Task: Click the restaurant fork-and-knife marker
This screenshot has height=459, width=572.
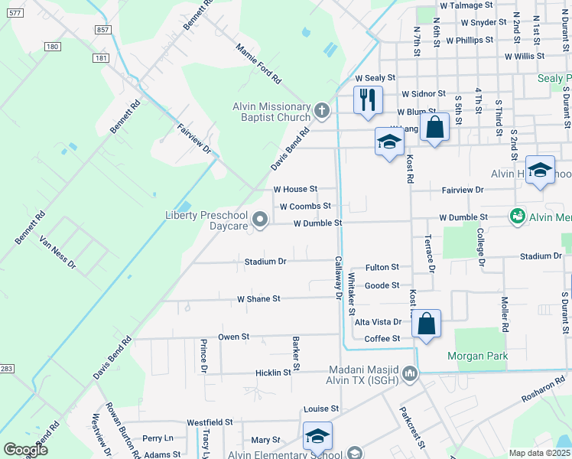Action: pos(368,100)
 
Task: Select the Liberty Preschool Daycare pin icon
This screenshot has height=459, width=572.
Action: pos(260,220)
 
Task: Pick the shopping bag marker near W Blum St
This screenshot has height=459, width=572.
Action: pos(434,128)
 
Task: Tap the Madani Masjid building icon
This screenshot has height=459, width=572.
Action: pos(411,373)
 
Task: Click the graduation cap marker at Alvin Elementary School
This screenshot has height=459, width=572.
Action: pos(317,437)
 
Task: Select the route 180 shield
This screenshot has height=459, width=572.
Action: pos(52,47)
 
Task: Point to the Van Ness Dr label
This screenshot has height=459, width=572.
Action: pos(58,253)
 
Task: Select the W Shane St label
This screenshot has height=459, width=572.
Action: pos(258,298)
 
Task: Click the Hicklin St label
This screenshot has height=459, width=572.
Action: pos(273,373)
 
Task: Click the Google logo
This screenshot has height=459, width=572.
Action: pos(25,449)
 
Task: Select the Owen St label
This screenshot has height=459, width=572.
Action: pos(234,336)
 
